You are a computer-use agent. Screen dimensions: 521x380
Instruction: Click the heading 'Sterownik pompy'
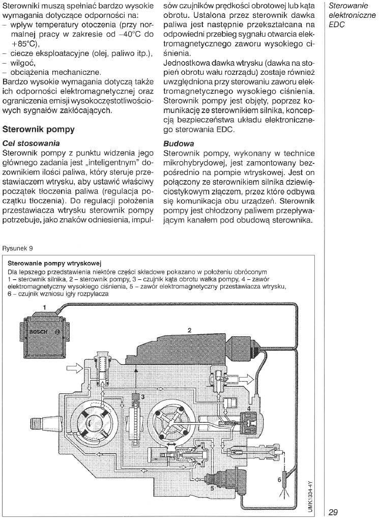39,130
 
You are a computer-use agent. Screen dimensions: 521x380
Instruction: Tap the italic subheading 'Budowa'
179,143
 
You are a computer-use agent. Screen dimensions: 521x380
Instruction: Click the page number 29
337,511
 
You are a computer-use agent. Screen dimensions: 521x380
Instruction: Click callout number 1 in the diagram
44,307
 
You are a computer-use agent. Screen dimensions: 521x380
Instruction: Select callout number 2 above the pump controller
189,330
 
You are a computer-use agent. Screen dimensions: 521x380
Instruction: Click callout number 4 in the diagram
249,409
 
